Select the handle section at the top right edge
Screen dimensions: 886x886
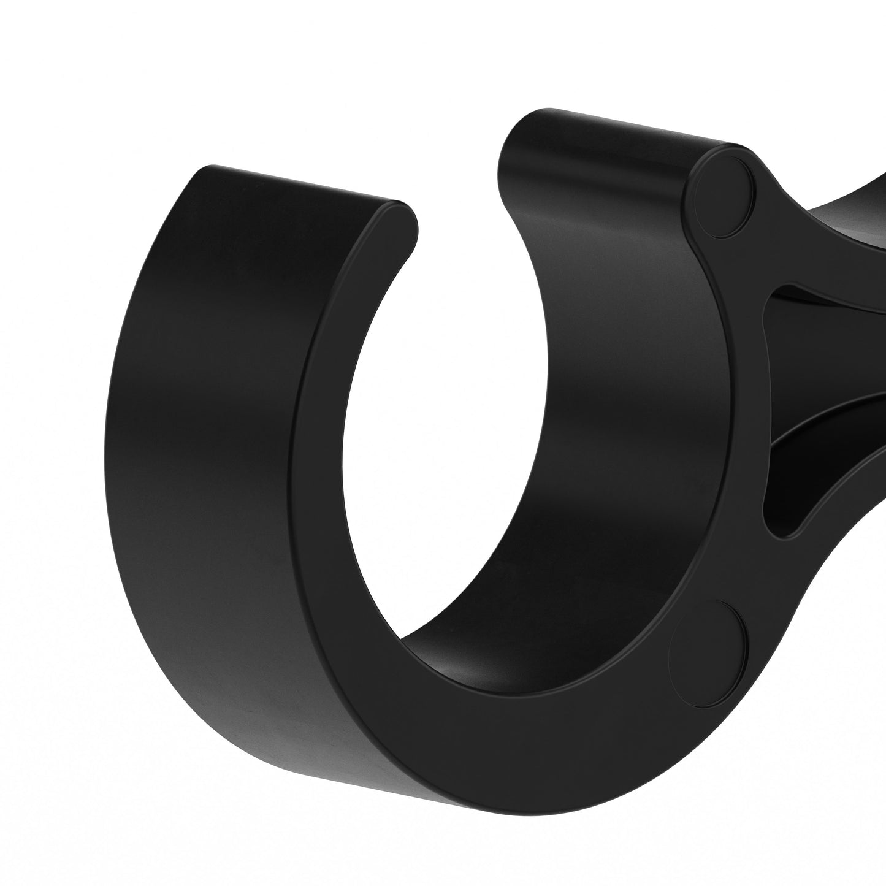858,202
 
